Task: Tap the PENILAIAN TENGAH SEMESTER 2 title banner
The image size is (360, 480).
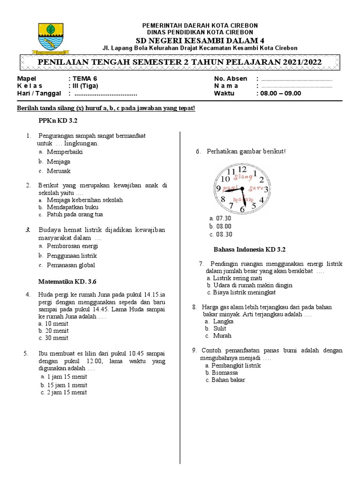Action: pyautogui.click(x=180, y=62)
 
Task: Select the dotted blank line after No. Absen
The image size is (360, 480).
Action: pyautogui.click(x=296, y=79)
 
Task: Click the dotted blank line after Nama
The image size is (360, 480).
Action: pyautogui.click(x=296, y=86)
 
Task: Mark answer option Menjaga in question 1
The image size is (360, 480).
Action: pyautogui.click(x=58, y=162)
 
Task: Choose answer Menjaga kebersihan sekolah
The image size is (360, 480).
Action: pyautogui.click(x=84, y=200)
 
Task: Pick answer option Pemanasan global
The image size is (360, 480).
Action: pyautogui.click(x=70, y=265)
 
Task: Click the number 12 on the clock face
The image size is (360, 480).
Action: pyautogui.click(x=242, y=169)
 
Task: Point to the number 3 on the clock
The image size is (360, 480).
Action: pyautogui.click(x=266, y=189)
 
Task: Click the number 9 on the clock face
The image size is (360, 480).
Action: pyautogui.click(x=218, y=189)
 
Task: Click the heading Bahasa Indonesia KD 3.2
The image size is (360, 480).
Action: pyautogui.click(x=249, y=250)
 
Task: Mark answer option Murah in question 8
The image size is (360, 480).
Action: pyautogui.click(x=222, y=336)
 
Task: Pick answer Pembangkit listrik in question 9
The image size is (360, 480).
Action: pyautogui.click(x=236, y=365)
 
